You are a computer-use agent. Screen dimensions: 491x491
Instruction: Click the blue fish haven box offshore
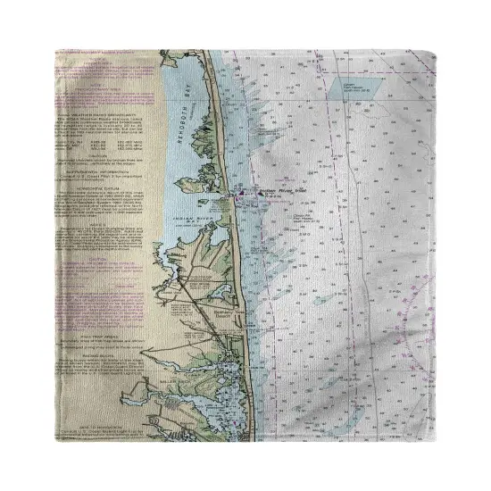(354, 87)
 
